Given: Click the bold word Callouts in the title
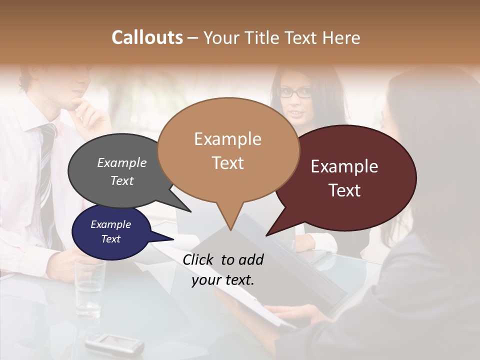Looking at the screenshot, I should (147, 37).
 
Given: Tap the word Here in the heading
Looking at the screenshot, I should (341, 38).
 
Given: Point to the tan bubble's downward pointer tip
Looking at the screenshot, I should (230, 229).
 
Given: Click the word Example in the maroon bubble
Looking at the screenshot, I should (344, 166).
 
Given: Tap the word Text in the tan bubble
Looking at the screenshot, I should (228, 162).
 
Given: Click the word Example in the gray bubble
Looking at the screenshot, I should (122, 162).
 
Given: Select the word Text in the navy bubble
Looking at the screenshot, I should (111, 239).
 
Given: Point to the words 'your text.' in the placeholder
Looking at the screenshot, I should (223, 280).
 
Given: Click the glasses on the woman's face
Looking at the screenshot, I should (294, 92).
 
